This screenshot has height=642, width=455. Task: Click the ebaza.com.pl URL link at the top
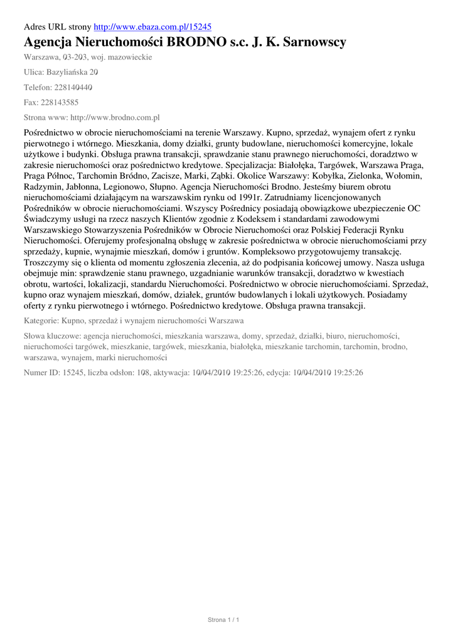pyautogui.click(x=153, y=27)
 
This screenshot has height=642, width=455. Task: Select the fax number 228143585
pyautogui.click(x=60, y=102)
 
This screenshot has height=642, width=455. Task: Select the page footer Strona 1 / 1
pyautogui.click(x=224, y=620)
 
